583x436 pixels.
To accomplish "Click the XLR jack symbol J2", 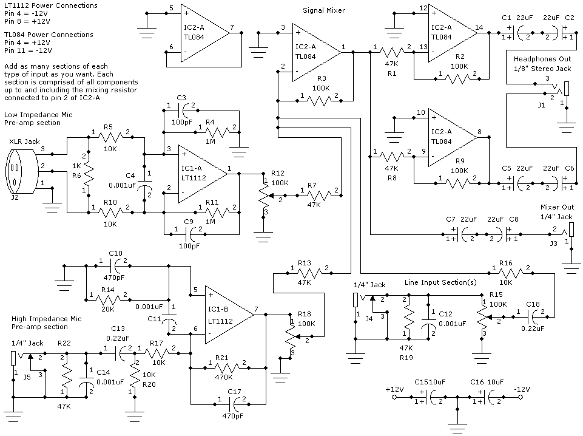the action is point(22,171).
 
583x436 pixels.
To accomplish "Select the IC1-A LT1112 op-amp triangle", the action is point(203,174).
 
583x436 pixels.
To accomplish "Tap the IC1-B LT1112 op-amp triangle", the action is point(229,315).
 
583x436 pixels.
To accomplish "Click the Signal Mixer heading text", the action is point(324,10).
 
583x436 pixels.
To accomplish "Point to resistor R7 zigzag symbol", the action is point(319,195).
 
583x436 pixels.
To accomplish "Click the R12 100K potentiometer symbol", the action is point(264,195).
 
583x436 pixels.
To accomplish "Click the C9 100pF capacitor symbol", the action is point(191,234).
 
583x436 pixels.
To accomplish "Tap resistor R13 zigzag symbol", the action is point(309,273).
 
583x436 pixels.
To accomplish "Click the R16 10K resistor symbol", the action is point(511,273).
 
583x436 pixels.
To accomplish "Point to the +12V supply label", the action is point(394,389).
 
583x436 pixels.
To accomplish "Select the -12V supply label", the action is point(522,389).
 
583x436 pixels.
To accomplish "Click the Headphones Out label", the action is point(542,59).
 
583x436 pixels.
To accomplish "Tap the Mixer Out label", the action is point(557,207).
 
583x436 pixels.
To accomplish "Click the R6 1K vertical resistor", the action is point(89,173).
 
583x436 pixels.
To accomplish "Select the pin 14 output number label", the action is point(479,27).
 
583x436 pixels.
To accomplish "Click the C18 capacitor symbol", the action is point(534,318).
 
